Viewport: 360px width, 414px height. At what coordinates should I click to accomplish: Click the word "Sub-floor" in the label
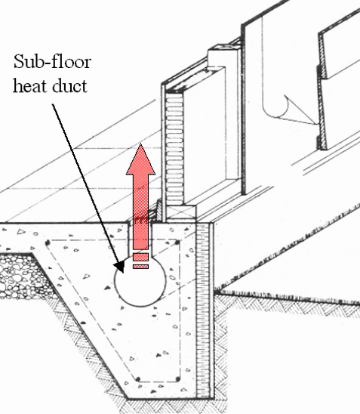pos(52,61)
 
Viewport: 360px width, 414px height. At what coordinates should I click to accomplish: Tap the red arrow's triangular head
pos(141,159)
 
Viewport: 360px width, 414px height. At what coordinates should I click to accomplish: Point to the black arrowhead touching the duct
pos(120,267)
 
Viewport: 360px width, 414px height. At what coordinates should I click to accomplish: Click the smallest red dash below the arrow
pos(141,267)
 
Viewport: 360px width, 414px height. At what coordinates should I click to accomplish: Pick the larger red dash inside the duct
pos(141,257)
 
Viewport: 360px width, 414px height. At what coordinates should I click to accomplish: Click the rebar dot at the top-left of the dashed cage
pos(48,242)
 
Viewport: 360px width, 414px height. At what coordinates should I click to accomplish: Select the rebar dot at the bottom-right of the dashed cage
pos(178,380)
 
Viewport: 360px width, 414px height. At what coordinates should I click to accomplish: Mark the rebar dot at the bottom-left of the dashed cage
pos(137,380)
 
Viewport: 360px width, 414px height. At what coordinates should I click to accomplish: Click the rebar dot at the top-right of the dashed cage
pos(178,242)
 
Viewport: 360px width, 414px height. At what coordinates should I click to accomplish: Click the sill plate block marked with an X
pos(182,212)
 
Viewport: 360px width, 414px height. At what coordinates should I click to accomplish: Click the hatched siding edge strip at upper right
pos(322,91)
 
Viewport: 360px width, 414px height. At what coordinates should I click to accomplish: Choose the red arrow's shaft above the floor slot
pos(141,212)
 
